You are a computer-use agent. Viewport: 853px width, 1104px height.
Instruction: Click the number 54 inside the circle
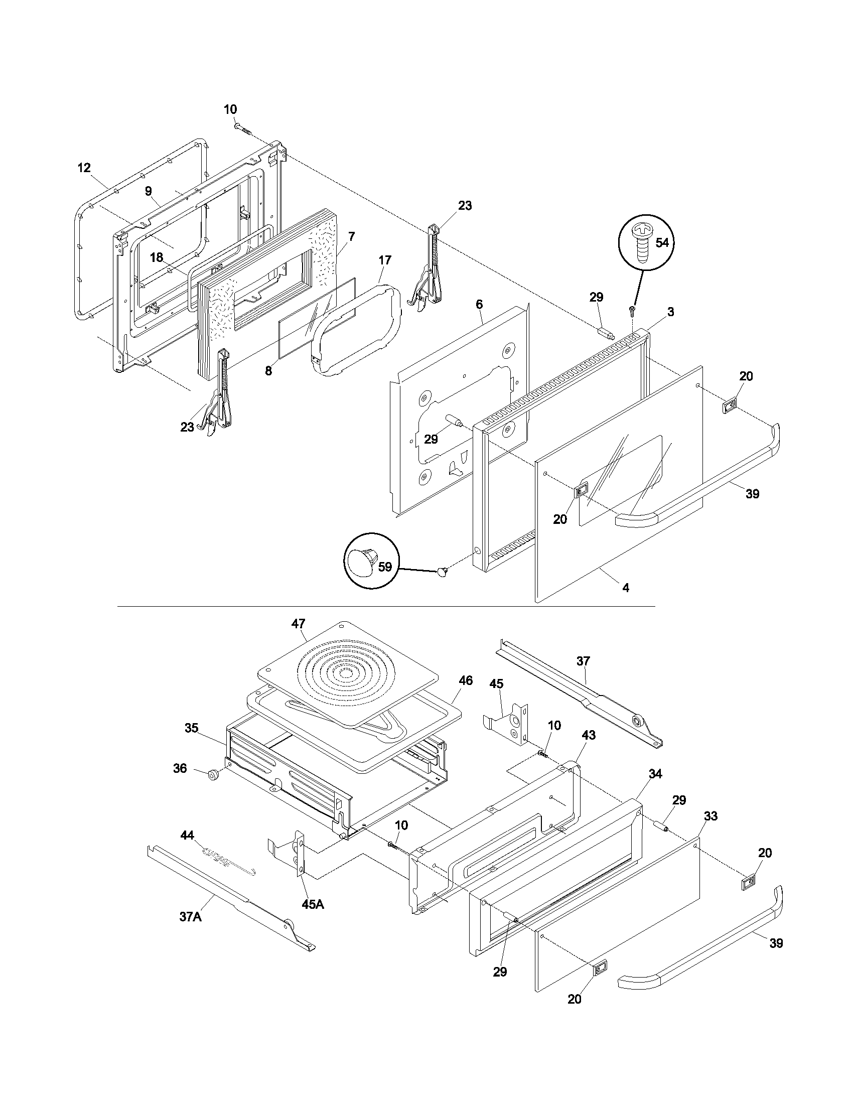[x=661, y=243]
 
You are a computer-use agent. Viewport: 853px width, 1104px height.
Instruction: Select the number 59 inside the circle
[x=385, y=567]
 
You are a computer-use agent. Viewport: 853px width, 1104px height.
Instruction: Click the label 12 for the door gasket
[x=84, y=167]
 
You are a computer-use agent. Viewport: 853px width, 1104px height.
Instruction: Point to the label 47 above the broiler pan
[x=298, y=624]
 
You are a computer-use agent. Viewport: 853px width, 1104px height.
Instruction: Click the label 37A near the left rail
[x=191, y=916]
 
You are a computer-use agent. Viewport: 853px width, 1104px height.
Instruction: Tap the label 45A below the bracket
[x=313, y=904]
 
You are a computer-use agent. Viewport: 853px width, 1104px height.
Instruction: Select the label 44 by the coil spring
[x=187, y=836]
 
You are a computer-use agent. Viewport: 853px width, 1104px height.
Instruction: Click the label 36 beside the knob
[x=180, y=768]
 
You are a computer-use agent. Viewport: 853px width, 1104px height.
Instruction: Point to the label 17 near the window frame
[x=384, y=260]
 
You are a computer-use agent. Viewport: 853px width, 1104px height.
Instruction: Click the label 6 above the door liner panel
[x=479, y=304]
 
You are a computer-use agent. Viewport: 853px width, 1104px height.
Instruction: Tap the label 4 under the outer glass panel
[x=626, y=588]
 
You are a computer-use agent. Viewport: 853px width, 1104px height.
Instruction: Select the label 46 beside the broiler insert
[x=466, y=681]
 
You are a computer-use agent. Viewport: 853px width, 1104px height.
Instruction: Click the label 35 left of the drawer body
[x=192, y=728]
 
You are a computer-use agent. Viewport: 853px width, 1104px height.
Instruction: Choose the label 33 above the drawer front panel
[x=710, y=816]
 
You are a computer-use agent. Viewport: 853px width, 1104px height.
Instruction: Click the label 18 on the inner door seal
[x=157, y=257]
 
